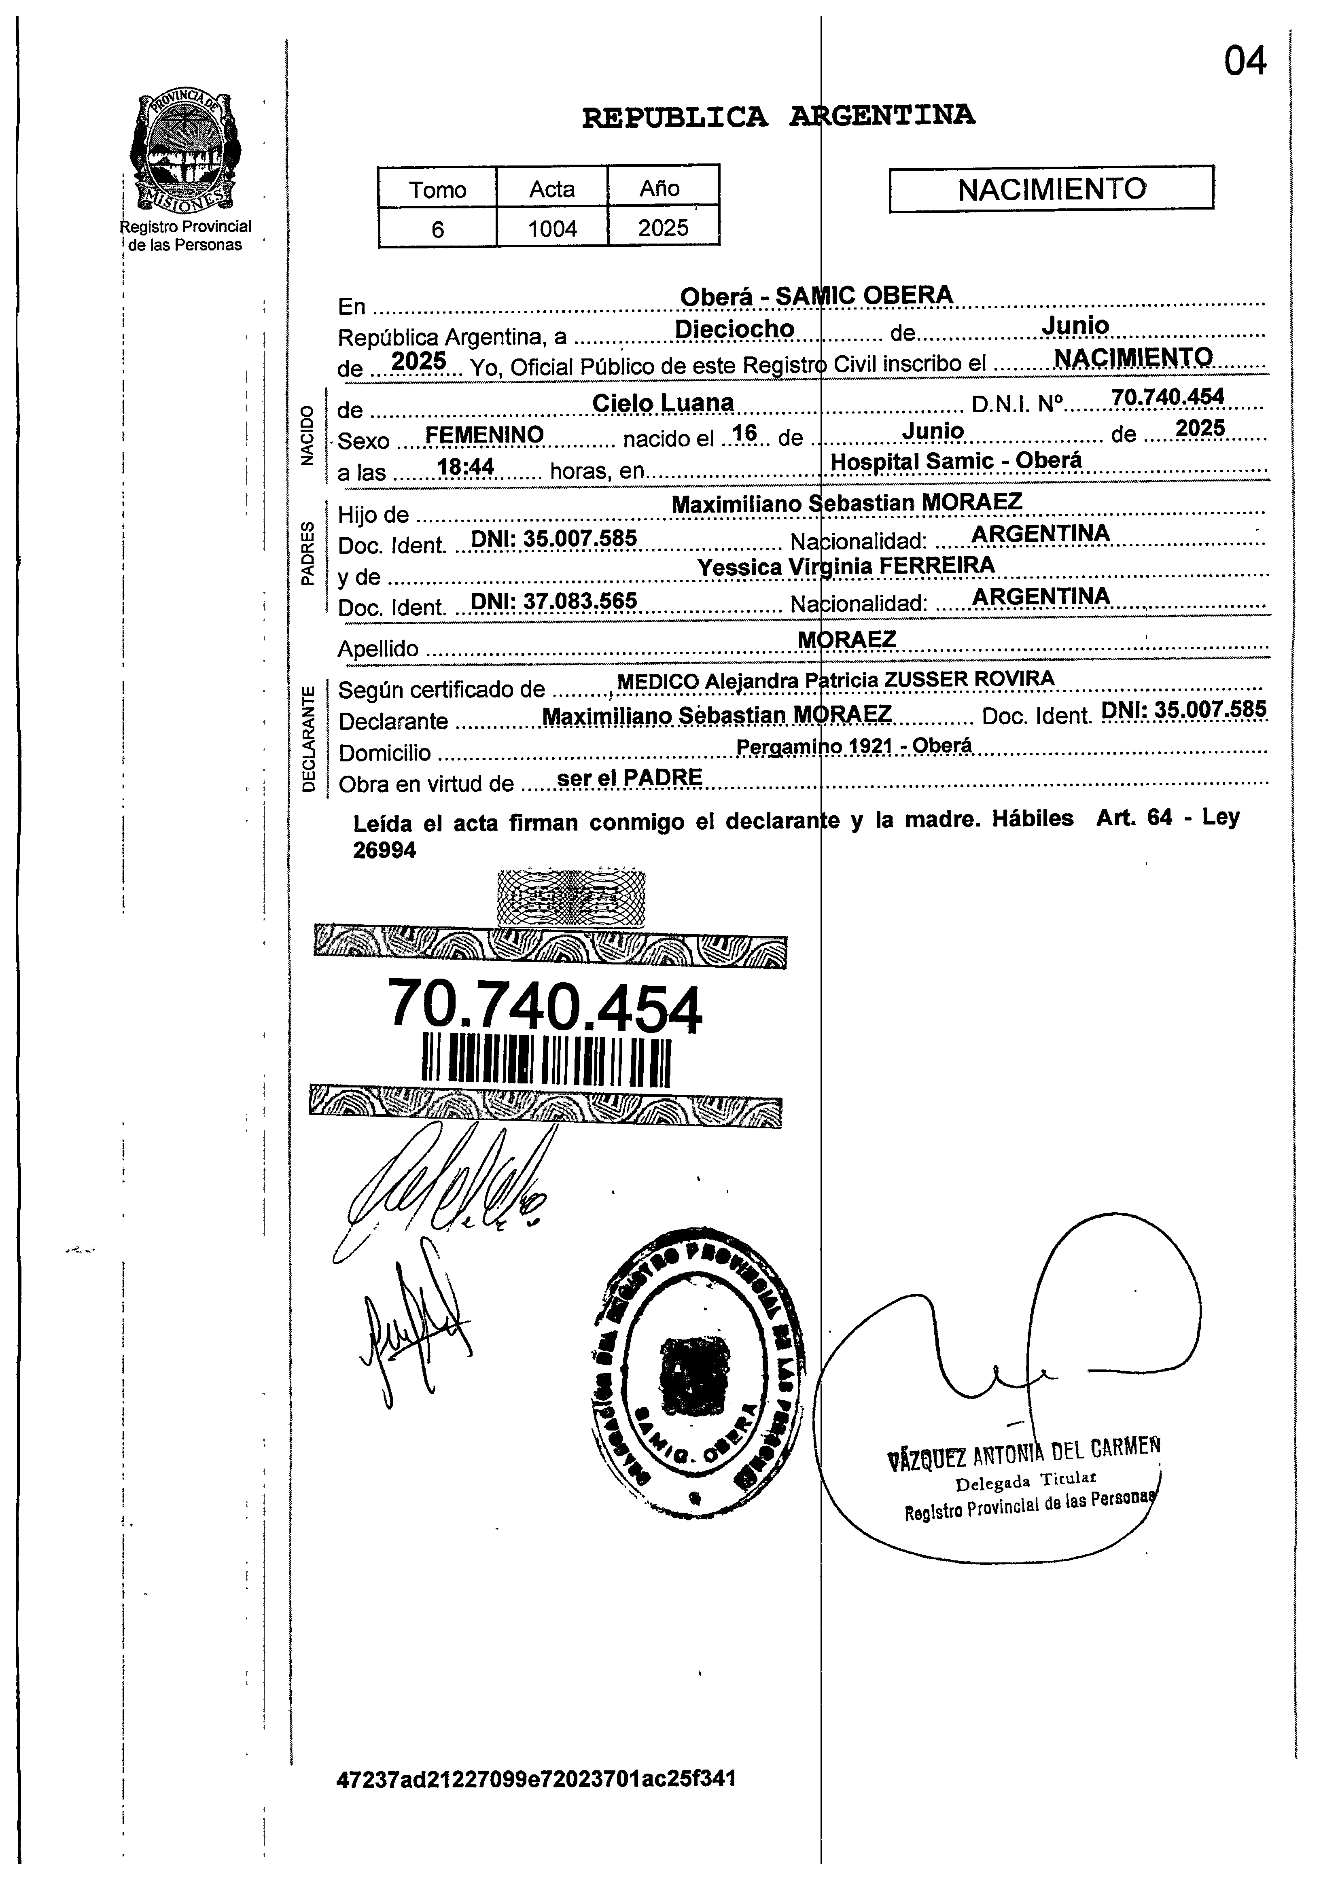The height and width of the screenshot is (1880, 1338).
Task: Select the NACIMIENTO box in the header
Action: coord(1051,189)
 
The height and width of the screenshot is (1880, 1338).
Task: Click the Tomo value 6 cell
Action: coord(437,228)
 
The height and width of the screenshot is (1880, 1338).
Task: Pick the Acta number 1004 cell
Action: coord(552,228)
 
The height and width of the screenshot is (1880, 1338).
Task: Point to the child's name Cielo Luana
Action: coord(663,403)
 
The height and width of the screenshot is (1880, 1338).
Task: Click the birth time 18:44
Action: coord(466,467)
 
